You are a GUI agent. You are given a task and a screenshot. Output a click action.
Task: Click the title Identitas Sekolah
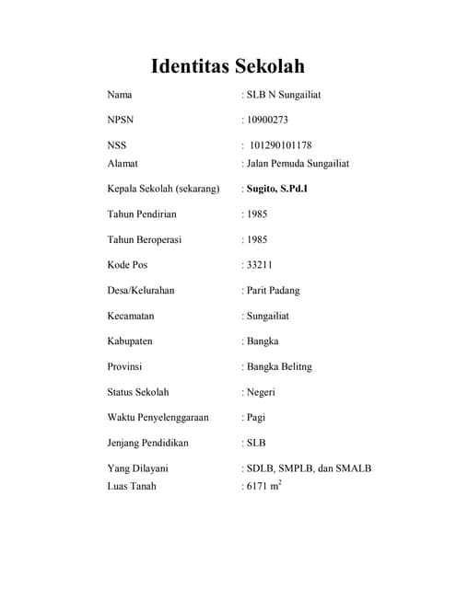227,66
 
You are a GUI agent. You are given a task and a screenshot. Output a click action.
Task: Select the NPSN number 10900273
267,120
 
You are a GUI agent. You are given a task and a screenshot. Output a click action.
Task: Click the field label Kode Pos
127,265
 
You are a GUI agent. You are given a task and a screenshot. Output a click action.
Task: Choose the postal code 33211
258,265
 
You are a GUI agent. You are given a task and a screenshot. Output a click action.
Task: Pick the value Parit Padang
272,291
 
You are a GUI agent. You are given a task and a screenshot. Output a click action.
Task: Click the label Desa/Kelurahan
141,291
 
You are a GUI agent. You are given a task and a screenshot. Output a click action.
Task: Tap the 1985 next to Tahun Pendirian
256,214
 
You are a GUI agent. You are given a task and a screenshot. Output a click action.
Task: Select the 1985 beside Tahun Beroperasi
256,240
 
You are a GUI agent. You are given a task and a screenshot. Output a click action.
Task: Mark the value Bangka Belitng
279,366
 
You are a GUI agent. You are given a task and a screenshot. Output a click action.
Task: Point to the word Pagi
255,418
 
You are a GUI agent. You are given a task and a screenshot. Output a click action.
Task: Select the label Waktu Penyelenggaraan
158,418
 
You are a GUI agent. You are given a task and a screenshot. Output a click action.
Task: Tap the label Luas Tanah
132,485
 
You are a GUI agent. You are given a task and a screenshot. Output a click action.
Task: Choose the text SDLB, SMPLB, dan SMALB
308,468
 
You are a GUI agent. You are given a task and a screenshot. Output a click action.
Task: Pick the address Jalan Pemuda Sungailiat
297,164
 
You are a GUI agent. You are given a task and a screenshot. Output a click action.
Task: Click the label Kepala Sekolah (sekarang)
163,190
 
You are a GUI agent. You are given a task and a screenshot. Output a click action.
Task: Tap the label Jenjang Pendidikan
147,443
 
